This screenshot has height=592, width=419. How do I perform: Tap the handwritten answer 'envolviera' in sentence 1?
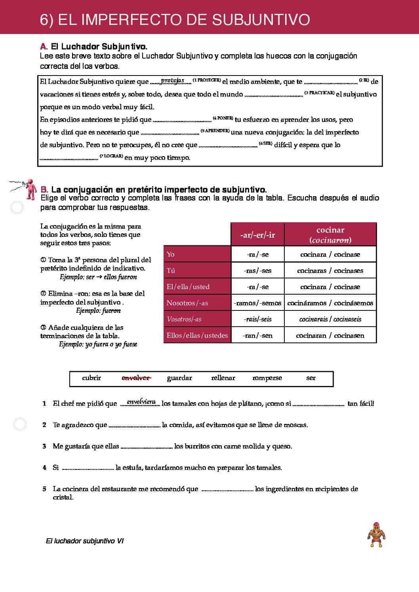pyautogui.click(x=141, y=402)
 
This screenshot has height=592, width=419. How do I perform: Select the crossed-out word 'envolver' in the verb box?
pyautogui.click(x=135, y=378)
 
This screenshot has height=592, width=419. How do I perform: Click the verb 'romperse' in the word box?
pyautogui.click(x=267, y=378)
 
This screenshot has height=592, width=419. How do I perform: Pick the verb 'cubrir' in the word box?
pyautogui.click(x=91, y=378)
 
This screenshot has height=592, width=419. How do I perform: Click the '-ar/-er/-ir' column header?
pyautogui.click(x=257, y=235)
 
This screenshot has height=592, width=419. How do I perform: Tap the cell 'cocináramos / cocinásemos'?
pyautogui.click(x=330, y=303)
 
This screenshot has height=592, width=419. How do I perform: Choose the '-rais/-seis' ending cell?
pyautogui.click(x=257, y=319)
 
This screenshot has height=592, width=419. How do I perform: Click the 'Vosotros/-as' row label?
pyautogui.click(x=184, y=319)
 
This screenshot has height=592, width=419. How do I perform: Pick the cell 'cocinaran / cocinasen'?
pyautogui.click(x=330, y=335)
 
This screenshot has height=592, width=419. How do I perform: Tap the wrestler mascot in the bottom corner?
pyautogui.click(x=376, y=534)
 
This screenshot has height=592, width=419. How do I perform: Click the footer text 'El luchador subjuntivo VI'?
pyautogui.click(x=85, y=541)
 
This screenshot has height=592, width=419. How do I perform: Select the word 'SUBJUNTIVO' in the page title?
pyautogui.click(x=261, y=19)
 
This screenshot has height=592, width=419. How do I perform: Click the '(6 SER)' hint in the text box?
pyautogui.click(x=265, y=143)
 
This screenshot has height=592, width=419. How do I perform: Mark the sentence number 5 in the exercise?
pyautogui.click(x=44, y=489)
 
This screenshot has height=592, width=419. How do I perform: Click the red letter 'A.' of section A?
pyautogui.click(x=44, y=47)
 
